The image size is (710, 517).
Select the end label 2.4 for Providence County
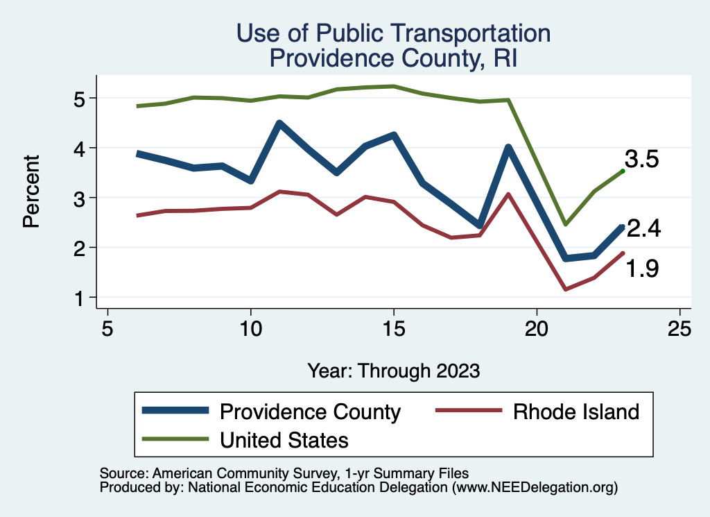(x=643, y=228)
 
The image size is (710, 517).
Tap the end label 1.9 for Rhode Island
(x=642, y=269)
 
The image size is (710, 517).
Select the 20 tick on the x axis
(x=537, y=328)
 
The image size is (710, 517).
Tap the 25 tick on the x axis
(x=679, y=328)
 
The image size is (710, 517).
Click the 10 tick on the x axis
(x=250, y=328)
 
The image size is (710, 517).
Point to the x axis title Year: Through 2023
(x=394, y=371)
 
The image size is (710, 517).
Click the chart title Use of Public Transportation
(x=393, y=33)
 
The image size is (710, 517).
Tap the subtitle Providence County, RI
(x=393, y=58)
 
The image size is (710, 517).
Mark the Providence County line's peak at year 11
(x=279, y=124)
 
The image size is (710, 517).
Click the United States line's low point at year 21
(x=565, y=224)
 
